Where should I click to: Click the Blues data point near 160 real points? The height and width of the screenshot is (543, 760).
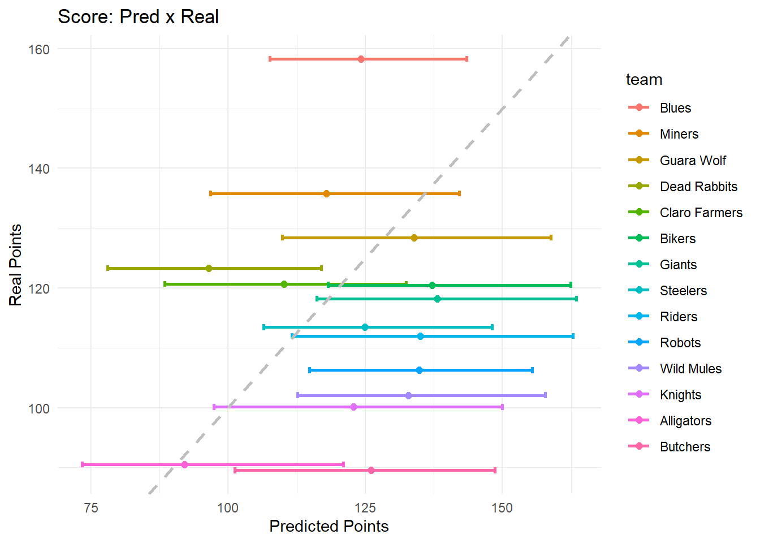coord(361,59)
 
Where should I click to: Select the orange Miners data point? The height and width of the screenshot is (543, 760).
coord(326,193)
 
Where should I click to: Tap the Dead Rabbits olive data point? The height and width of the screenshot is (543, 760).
coord(209,268)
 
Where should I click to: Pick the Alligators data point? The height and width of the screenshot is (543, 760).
coord(184,464)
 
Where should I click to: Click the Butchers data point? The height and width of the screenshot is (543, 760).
coord(371,470)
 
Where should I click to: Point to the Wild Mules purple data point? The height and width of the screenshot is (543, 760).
coord(408,395)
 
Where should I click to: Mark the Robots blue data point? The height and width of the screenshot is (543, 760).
coord(419,370)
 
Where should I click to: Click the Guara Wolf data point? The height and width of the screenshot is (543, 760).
coord(414,238)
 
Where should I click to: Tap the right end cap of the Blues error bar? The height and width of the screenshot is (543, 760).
coord(467,59)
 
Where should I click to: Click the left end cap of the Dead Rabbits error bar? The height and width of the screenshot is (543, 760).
coord(107,268)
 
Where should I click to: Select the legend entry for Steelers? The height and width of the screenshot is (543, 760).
coord(683,291)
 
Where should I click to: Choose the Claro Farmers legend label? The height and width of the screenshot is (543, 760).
coord(701,213)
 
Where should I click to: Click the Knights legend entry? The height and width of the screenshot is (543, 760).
coord(680,395)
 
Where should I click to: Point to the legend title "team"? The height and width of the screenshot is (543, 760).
coord(644,80)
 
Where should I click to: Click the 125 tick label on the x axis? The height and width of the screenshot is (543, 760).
coord(365,507)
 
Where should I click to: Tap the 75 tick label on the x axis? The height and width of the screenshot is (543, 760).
coord(90,507)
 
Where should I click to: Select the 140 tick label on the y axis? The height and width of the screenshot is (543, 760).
coord(38,169)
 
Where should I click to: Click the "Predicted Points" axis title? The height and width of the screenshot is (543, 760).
coord(329,526)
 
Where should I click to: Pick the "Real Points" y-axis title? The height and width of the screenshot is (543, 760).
coord(15,265)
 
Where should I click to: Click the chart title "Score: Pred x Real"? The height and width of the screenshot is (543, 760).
coord(138,17)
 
